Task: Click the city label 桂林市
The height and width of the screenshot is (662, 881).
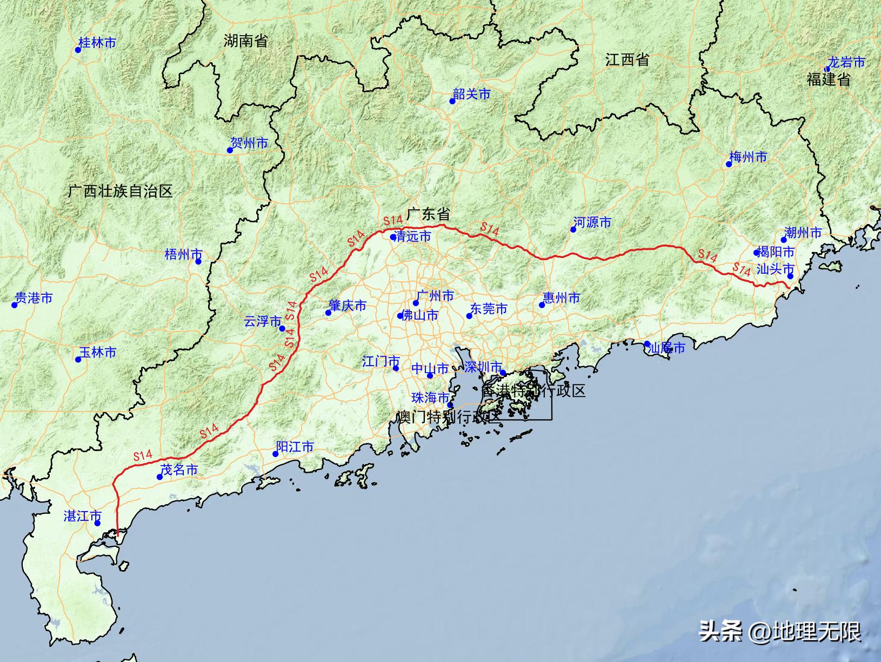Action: [97, 43]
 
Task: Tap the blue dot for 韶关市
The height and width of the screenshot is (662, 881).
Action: [452, 101]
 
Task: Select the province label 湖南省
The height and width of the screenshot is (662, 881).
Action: [245, 41]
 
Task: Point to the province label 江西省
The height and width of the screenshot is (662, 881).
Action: [627, 59]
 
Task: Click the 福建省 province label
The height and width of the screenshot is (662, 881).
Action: [829, 80]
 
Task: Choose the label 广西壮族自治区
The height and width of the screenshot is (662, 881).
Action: [121, 191]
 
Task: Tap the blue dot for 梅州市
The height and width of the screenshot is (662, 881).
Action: [729, 164]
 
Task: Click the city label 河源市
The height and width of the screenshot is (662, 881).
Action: [592, 222]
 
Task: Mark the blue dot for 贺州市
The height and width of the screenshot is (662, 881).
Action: [230, 150]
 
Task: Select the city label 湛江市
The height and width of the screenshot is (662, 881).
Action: [82, 516]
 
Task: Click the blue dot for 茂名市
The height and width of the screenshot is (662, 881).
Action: [159, 476]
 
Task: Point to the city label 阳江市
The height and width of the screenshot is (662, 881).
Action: [295, 447]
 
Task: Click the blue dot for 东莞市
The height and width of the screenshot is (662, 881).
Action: [469, 316]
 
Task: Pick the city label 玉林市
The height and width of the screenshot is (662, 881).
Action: [98, 352]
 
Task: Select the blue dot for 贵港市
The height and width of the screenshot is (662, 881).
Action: [15, 305]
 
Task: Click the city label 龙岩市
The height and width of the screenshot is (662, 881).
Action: [846, 62]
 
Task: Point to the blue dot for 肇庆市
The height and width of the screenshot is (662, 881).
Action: [328, 313]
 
